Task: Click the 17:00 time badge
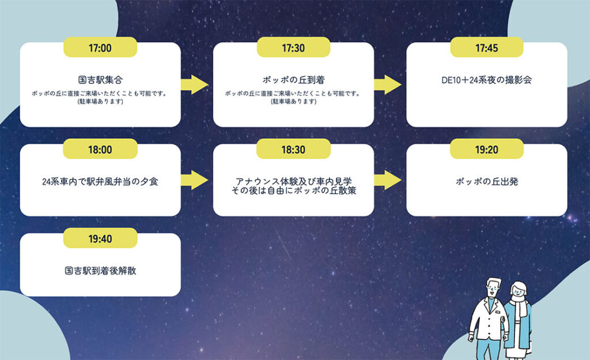coord(100,48)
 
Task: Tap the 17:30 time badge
coord(293,48)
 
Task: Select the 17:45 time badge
coord(487,48)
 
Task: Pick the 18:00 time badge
coord(100,149)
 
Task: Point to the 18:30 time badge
coord(293,149)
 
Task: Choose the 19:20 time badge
coord(487,149)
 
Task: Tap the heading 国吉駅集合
coord(100,80)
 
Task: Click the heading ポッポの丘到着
coord(293,80)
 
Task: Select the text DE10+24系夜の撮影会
coord(487,80)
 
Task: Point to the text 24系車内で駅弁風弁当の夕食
coord(100,181)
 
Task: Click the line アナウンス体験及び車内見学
coord(293,179)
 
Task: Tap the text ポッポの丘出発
coord(487,181)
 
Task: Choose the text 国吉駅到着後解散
coord(100,270)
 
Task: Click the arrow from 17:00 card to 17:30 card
coord(195,85)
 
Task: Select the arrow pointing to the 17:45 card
coord(388,85)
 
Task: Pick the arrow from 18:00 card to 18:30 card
coord(195,180)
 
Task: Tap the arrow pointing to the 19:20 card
coord(388,180)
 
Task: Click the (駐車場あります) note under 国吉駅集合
coord(100,102)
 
